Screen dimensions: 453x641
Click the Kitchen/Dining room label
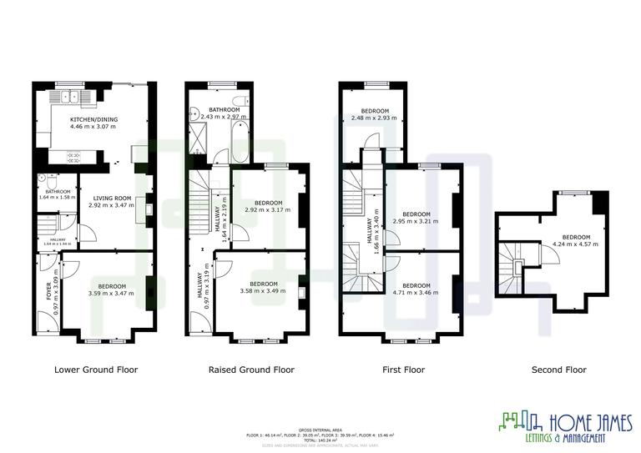[94, 119]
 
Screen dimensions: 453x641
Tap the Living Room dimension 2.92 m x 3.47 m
[111, 204]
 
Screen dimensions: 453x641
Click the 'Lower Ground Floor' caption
[96, 370]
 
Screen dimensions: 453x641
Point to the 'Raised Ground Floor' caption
[250, 370]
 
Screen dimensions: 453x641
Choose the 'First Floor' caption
[403, 370]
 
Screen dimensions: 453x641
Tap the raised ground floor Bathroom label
[225, 110]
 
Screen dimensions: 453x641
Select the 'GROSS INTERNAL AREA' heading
[320, 430]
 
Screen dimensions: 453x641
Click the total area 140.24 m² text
[320, 440]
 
